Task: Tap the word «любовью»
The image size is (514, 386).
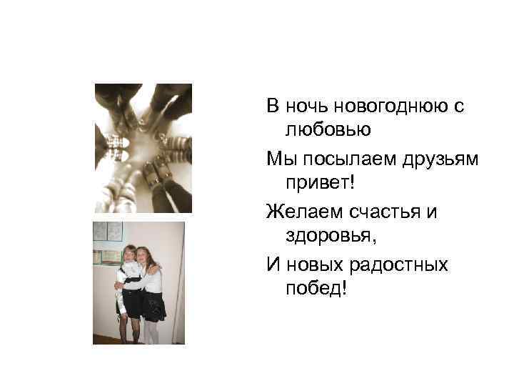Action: [x=328, y=129]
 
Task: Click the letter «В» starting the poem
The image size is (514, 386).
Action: [x=272, y=107]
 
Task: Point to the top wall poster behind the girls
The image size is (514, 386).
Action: [x=106, y=231]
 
